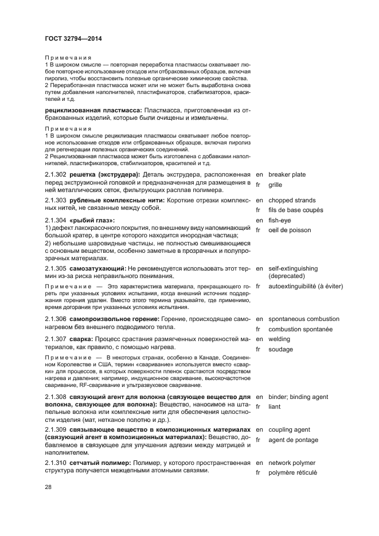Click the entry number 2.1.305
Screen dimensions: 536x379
[x=55, y=268]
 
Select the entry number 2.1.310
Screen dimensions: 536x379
[x=55, y=463]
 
